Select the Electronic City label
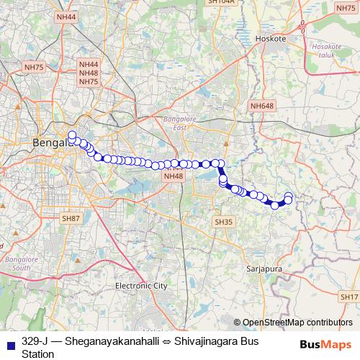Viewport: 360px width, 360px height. click(141, 286)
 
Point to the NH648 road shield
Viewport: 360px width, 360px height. click(262, 107)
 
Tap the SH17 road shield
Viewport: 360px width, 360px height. click(349, 297)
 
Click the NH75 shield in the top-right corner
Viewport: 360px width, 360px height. click(346, 7)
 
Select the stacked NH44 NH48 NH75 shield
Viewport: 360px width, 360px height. click(89, 73)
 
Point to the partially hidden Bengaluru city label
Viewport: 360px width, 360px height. click(50, 143)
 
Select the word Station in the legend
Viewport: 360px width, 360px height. click(38, 354)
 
